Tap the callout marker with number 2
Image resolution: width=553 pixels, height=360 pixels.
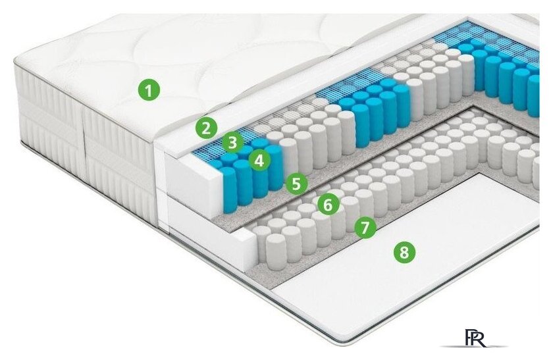207,128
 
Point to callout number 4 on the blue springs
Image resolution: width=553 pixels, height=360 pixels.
259,159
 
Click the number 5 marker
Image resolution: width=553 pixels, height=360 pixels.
296,184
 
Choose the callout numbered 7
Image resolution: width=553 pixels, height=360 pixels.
365,228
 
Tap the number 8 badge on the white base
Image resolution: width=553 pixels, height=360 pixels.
404,251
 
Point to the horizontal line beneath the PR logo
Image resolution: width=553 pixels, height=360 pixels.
474,346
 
